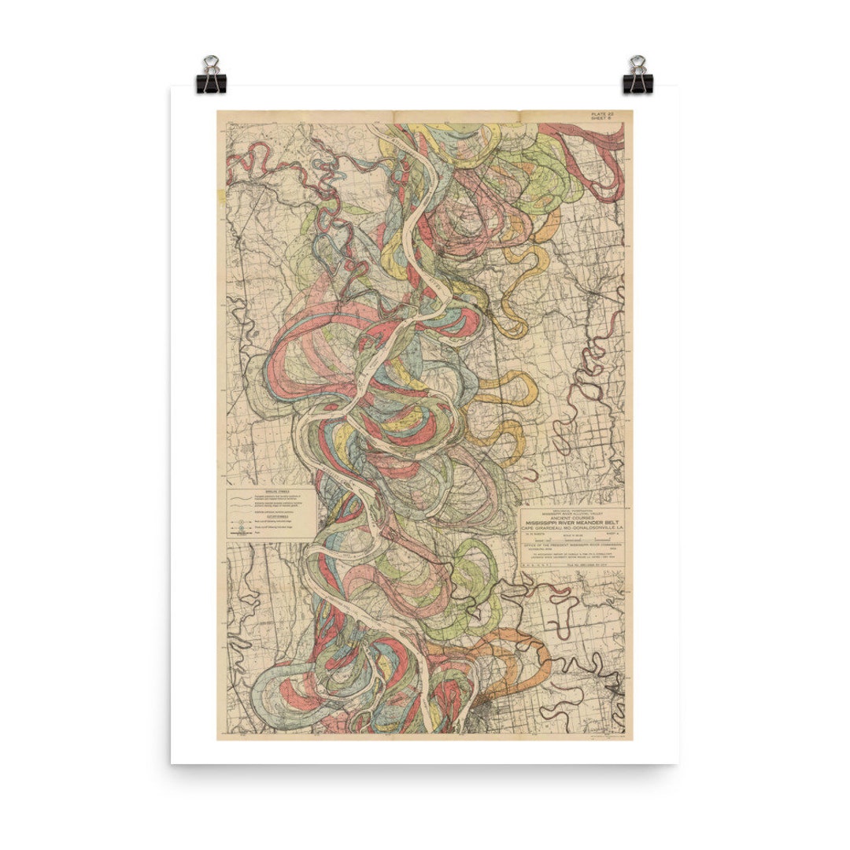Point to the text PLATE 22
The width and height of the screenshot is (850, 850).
[x=607, y=114]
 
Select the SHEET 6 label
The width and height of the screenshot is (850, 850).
[x=607, y=120]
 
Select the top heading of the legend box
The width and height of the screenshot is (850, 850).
[x=268, y=490]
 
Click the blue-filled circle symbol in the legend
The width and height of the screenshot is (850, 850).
[x=236, y=521]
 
